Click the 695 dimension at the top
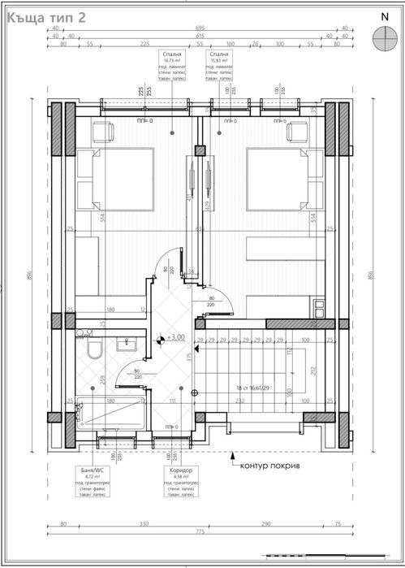pyautogui.click(x=200, y=28)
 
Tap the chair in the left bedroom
pyautogui.click(x=104, y=131)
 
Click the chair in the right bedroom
pyautogui.click(x=297, y=131)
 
